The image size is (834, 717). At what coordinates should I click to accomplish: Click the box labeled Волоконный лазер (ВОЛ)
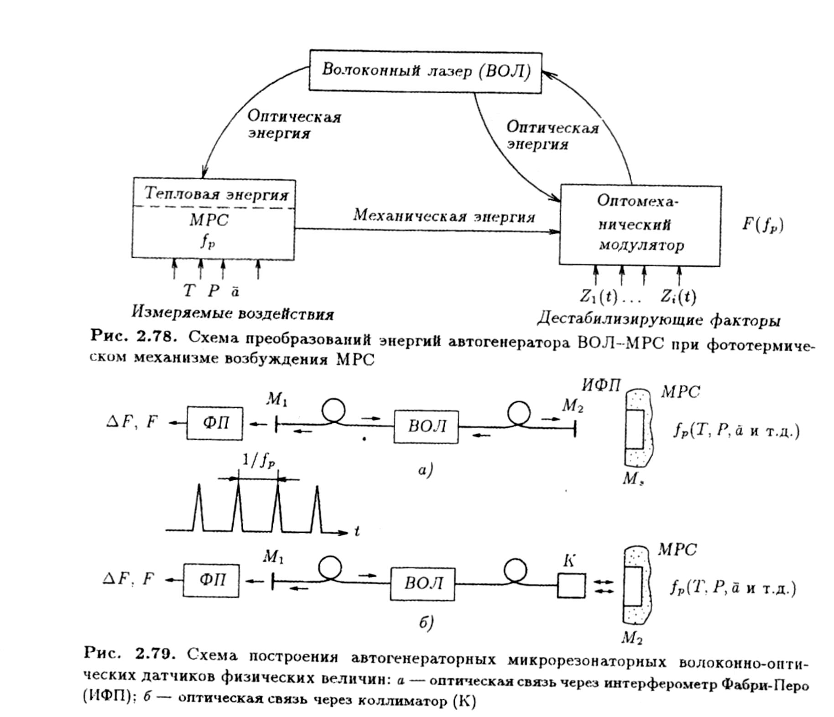(426, 72)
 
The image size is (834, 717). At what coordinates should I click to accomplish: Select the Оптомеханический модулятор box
(640, 225)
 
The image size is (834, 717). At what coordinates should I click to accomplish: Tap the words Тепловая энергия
(216, 194)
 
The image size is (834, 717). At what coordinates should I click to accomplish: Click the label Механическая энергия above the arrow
(444, 216)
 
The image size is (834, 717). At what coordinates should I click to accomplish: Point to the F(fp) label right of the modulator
(762, 225)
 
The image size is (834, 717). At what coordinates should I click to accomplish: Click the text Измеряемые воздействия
(233, 313)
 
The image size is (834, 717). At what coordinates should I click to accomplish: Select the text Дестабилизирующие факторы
(658, 319)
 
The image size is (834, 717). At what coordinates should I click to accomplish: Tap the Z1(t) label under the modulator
(598, 297)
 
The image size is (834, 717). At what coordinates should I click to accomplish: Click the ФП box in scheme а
(214, 423)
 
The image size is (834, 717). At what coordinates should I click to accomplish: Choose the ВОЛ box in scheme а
(426, 426)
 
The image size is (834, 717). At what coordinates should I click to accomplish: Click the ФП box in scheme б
(211, 580)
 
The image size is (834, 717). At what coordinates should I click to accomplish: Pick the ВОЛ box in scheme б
(422, 584)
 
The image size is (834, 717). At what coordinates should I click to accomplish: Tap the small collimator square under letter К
(571, 585)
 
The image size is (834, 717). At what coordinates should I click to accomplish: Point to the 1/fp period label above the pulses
(258, 462)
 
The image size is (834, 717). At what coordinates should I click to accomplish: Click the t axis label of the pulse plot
(357, 531)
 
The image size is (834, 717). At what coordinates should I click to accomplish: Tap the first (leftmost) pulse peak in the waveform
(198, 485)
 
